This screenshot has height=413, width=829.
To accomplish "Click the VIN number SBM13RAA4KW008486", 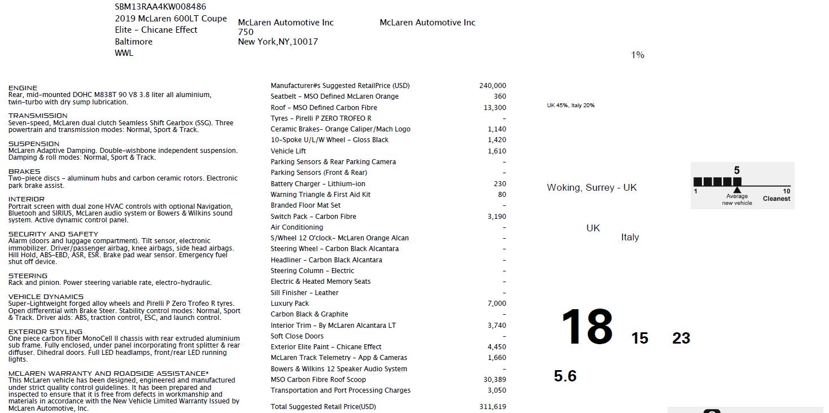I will click(160, 7).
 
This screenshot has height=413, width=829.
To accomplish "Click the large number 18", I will click(587, 327).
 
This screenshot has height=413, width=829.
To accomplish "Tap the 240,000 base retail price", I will click(492, 86).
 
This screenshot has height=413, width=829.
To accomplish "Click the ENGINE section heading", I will click(23, 88).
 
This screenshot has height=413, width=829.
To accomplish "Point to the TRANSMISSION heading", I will click(37, 116).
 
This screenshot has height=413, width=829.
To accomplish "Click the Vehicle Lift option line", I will click(289, 151).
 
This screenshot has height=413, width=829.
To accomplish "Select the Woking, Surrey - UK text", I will click(591, 187).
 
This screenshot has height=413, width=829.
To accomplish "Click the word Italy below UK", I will click(630, 238).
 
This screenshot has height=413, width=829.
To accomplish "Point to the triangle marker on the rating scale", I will click(737, 190).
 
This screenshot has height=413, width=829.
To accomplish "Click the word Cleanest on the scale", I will click(776, 199).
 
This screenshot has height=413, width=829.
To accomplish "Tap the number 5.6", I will click(565, 376).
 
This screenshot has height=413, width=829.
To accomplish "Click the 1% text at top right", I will click(638, 55).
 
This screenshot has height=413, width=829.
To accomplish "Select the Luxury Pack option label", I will click(290, 304).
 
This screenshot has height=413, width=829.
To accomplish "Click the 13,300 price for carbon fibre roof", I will click(495, 108).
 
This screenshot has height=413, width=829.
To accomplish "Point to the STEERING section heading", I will click(28, 276).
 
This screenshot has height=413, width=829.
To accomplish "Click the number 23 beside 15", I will click(681, 339).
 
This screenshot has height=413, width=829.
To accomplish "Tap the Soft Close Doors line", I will click(297, 336).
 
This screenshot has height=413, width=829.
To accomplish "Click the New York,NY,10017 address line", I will click(278, 42).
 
